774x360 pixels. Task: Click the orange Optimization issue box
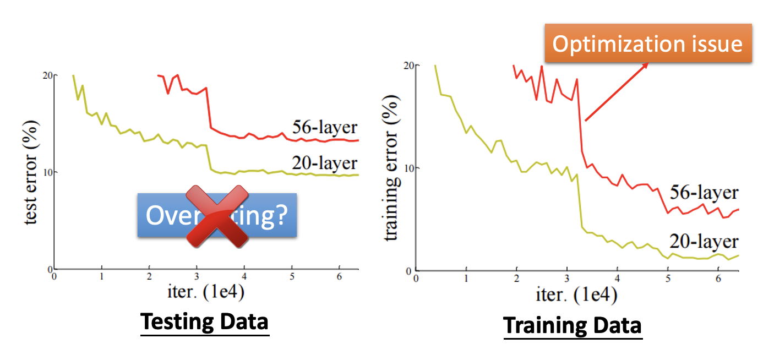click(x=647, y=43)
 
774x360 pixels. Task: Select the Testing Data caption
click(x=205, y=322)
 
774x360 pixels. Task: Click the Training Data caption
click(x=573, y=325)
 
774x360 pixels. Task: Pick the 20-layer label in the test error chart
click(x=325, y=163)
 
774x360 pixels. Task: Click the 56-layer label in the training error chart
click(x=704, y=192)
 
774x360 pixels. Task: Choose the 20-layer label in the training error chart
click(x=704, y=241)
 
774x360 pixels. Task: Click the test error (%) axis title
click(x=31, y=172)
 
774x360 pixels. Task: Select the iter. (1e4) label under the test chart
click(x=206, y=292)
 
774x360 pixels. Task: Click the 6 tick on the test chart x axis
click(x=340, y=276)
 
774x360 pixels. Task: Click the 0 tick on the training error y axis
click(x=410, y=271)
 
